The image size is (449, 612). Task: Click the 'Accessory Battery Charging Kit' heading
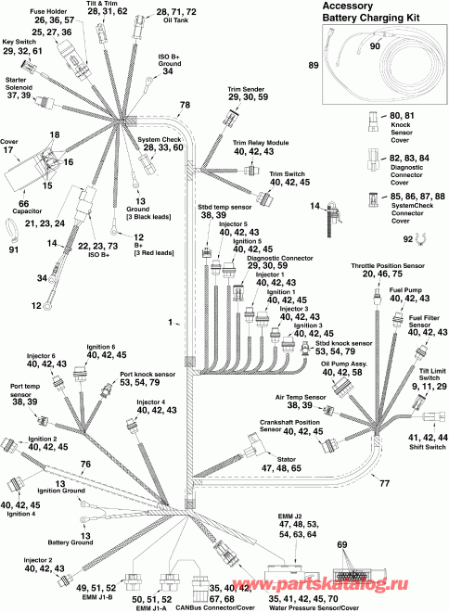pyautogui.click(x=370, y=12)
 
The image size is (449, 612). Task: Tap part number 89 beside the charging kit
pyautogui.click(x=314, y=65)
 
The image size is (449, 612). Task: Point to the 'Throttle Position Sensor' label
pyautogui.click(x=388, y=266)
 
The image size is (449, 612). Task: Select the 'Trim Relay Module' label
pyautogui.click(x=261, y=143)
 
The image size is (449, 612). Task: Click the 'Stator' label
pyautogui.click(x=286, y=459)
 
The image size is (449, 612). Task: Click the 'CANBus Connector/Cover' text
pyautogui.click(x=214, y=607)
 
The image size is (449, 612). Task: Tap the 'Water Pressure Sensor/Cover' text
pyautogui.click(x=314, y=608)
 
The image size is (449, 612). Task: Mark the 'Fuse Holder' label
pyautogui.click(x=48, y=12)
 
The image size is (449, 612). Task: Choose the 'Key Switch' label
pyautogui.click(x=19, y=42)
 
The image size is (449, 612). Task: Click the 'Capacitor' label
pyautogui.click(x=27, y=211)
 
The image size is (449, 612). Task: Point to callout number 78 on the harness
pyautogui.click(x=185, y=105)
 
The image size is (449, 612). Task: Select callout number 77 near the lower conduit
pyautogui.click(x=385, y=484)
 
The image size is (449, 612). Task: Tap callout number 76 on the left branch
pyautogui.click(x=85, y=464)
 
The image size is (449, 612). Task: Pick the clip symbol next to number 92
pyautogui.click(x=420, y=238)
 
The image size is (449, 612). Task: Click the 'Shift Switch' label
pyautogui.click(x=427, y=447)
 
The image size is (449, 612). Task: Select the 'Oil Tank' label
pyautogui.click(x=176, y=19)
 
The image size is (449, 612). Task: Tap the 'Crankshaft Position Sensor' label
pyautogui.click(x=289, y=426)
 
